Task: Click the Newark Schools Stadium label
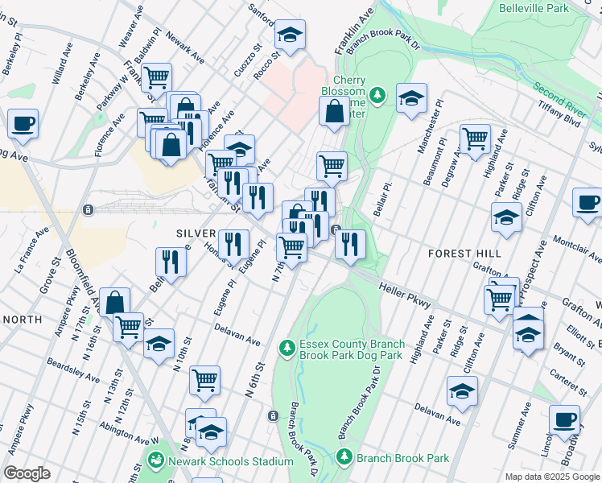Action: coord(229,461)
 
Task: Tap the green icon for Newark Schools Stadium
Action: coord(155,460)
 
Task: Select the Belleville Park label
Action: coord(534,8)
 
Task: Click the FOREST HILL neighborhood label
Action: coord(464,253)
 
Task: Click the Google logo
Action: coord(27,473)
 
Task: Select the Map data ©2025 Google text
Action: coord(552,477)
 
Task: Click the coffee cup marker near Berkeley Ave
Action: coord(23,123)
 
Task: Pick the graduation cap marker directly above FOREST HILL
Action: coord(506,217)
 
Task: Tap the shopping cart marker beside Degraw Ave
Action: coord(475,138)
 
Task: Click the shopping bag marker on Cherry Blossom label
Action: coord(334,112)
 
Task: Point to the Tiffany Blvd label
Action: coord(560,119)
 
